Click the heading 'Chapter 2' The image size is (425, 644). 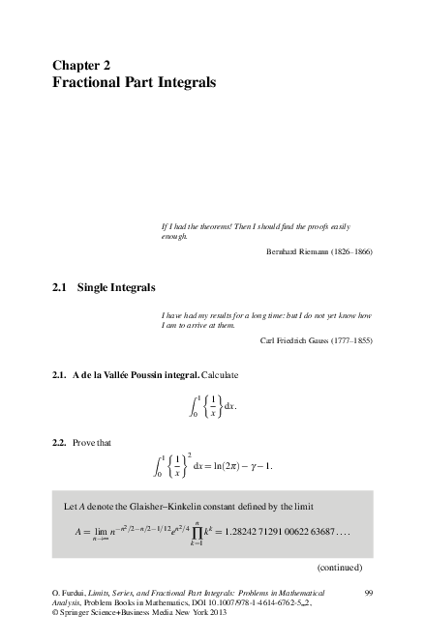[x=88, y=65]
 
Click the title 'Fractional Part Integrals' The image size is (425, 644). [x=134, y=83]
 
